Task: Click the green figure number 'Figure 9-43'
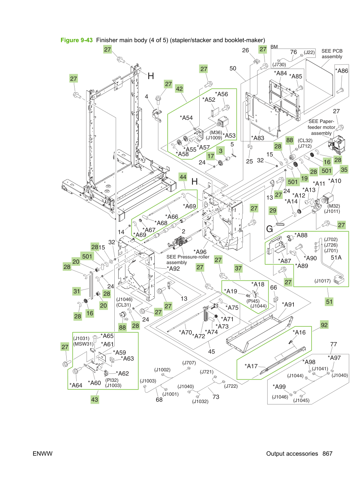pyautogui.click(x=76, y=40)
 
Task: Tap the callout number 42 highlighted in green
pyautogui.click(x=179, y=89)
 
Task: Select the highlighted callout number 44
pyautogui.click(x=183, y=177)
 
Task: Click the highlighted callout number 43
pyautogui.click(x=94, y=400)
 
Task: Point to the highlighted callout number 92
pyautogui.click(x=324, y=325)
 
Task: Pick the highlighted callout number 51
pyautogui.click(x=329, y=302)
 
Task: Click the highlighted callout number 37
pyautogui.click(x=238, y=269)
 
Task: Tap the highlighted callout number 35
pyautogui.click(x=344, y=170)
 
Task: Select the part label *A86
pyautogui.click(x=342, y=71)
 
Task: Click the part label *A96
pyautogui.click(x=200, y=252)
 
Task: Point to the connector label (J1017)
pyautogui.click(x=322, y=281)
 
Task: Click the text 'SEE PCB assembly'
pyautogui.click(x=332, y=54)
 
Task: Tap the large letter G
pyautogui.click(x=270, y=229)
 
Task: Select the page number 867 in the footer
pyautogui.click(x=327, y=454)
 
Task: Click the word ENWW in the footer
pyautogui.click(x=43, y=454)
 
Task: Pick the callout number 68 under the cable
pyautogui.click(x=159, y=400)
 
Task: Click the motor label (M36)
pyautogui.click(x=216, y=132)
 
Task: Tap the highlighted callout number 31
pyautogui.click(x=77, y=291)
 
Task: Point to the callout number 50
pyautogui.click(x=233, y=69)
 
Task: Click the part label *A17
pyautogui.click(x=251, y=366)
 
